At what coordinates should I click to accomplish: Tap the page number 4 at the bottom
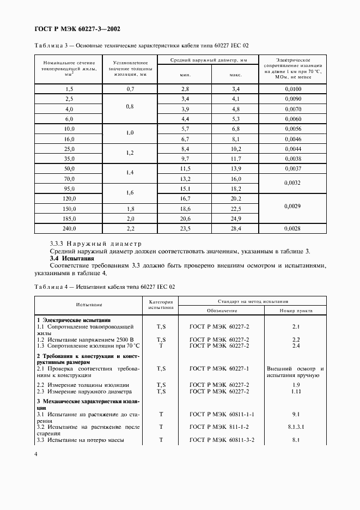coord(36,454)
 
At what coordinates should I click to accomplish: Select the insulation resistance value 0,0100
coord(292,89)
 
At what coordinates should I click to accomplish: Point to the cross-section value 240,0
coord(69,229)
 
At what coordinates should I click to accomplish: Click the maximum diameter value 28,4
coord(235,229)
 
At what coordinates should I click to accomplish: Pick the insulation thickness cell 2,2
coord(130,229)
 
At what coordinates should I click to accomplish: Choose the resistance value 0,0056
coord(292,129)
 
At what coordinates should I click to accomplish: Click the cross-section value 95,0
coord(69,189)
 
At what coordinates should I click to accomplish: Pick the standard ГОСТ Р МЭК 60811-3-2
coord(222,440)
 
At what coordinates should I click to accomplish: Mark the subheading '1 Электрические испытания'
coord(73,320)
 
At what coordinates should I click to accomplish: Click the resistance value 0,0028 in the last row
coord(292,229)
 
